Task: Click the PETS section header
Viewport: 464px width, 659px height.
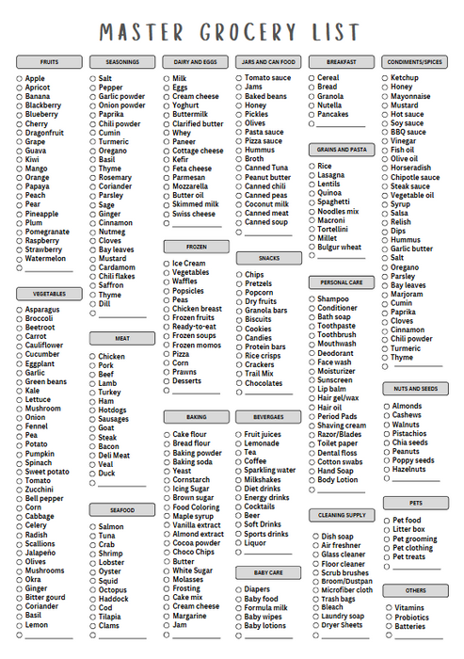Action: [x=415, y=503]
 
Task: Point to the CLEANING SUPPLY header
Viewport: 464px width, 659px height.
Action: [x=342, y=515]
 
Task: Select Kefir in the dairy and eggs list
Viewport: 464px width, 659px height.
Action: [x=181, y=160]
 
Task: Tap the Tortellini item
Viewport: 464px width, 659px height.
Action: [x=333, y=229]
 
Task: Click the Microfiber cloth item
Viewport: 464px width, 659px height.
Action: [x=346, y=590]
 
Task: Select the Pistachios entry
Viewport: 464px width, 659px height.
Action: [x=411, y=433]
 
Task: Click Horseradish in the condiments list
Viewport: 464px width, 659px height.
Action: [x=412, y=168]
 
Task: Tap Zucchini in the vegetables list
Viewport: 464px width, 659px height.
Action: [x=40, y=490]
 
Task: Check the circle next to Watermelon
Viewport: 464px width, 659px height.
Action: [x=19, y=258]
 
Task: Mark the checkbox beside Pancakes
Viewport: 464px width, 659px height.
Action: [x=312, y=114]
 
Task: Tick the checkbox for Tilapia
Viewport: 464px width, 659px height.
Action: [x=92, y=617]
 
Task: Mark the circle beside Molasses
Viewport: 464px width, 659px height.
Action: [x=166, y=579]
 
